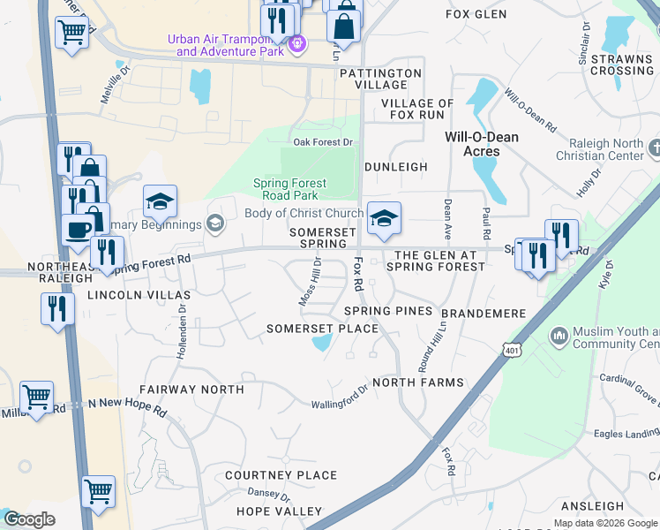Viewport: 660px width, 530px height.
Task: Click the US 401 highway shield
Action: [514, 351]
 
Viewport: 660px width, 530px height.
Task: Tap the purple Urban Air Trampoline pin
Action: [297, 42]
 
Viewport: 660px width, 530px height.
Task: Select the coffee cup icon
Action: [77, 229]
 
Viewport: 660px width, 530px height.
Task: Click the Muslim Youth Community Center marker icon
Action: [557, 336]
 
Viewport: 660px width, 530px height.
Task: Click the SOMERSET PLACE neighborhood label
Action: [322, 329]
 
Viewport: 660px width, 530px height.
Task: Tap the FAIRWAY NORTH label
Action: [191, 389]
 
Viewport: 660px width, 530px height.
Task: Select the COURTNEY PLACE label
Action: [281, 475]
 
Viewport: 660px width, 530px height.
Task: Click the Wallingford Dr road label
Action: [339, 398]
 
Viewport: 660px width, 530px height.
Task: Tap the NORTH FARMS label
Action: [417, 382]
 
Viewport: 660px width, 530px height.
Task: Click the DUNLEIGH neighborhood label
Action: [396, 166]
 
